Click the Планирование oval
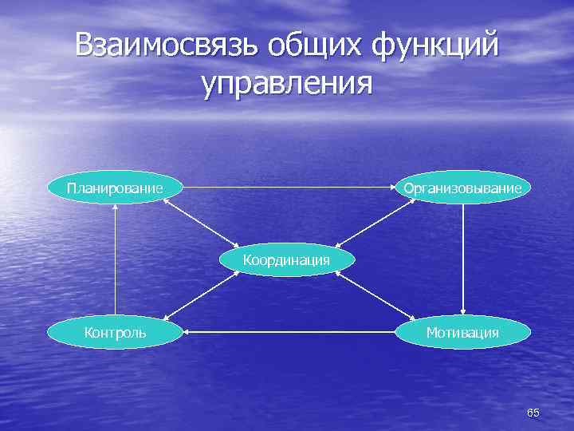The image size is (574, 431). point(116,188)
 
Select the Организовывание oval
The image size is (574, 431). point(462,188)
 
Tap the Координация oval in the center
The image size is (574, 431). point(286,260)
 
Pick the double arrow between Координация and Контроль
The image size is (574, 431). point(202,296)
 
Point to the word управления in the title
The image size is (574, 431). point(287,83)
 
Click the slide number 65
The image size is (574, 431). point(533,413)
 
